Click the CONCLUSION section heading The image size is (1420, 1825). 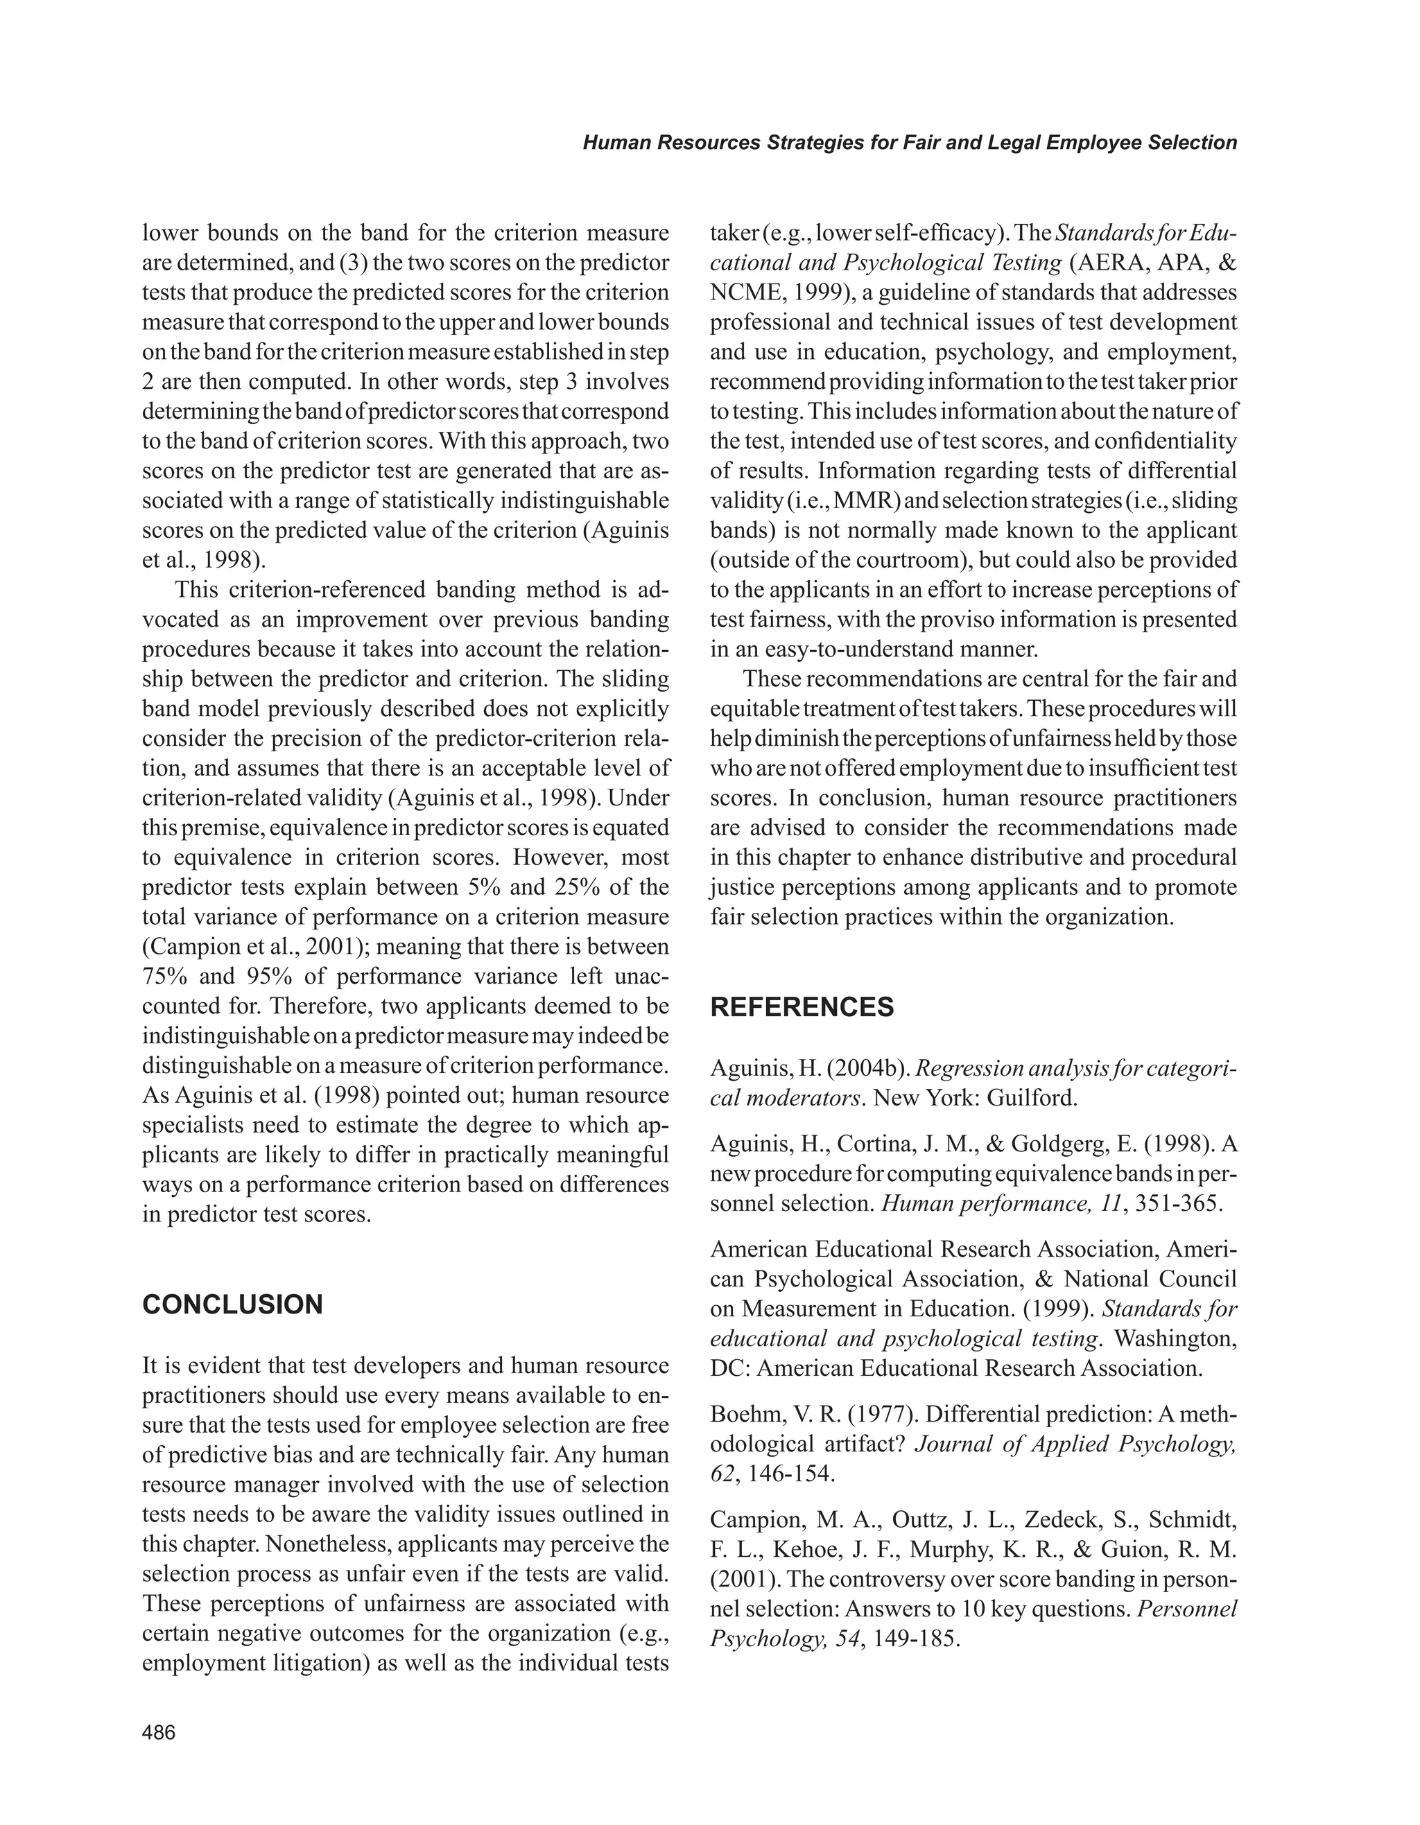pyautogui.click(x=232, y=1304)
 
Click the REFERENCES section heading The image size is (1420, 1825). pyautogui.click(x=802, y=1007)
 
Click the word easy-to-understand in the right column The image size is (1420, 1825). pyautogui.click(x=857, y=649)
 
